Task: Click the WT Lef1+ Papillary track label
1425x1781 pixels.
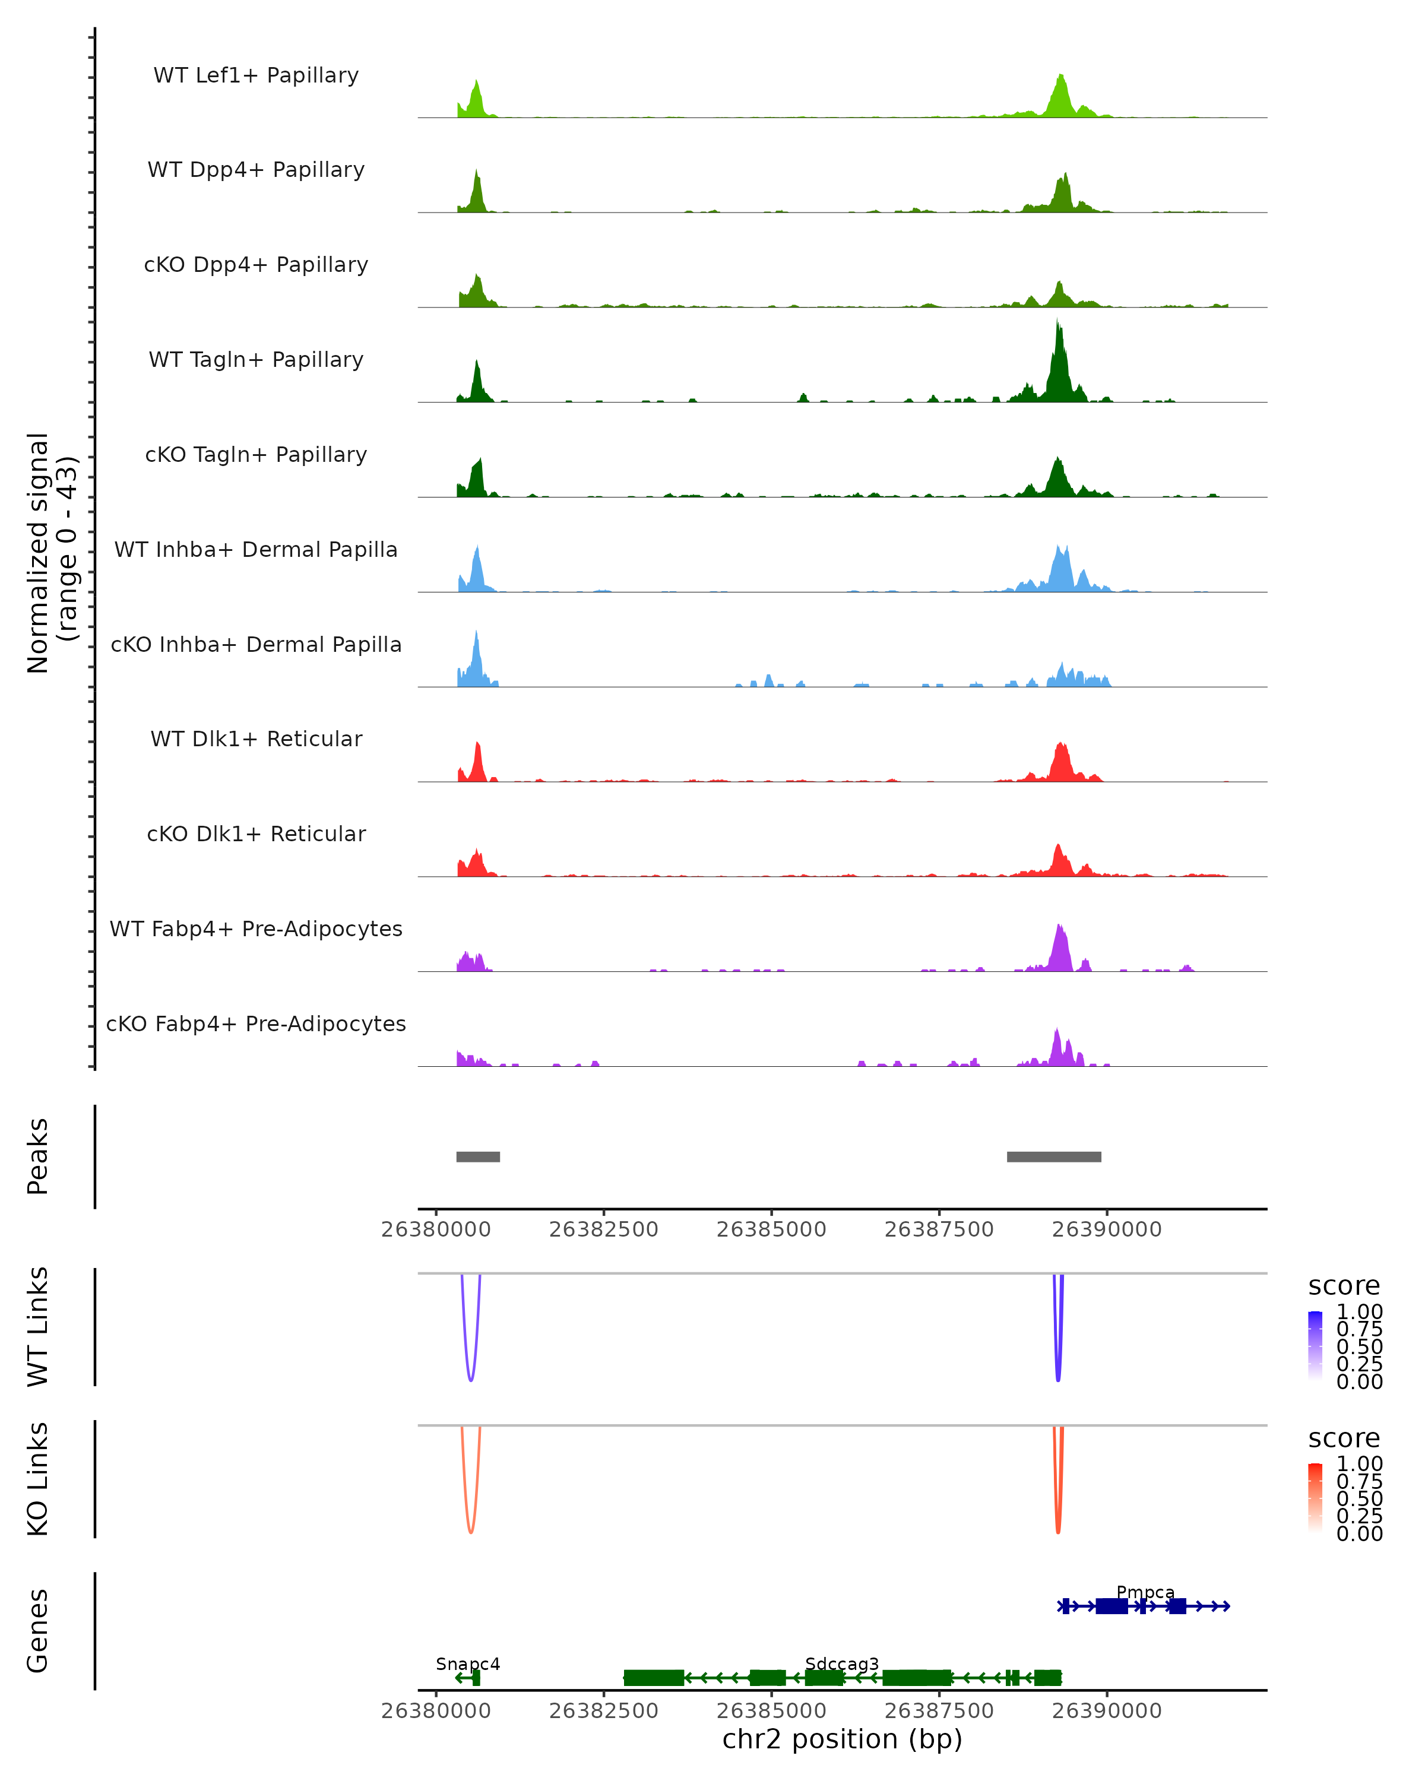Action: pos(256,75)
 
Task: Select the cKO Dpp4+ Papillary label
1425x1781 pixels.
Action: pos(256,265)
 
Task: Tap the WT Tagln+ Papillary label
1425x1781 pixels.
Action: pos(256,360)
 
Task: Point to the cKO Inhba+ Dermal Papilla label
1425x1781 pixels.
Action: pos(256,645)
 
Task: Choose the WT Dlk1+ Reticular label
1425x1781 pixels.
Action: pos(256,739)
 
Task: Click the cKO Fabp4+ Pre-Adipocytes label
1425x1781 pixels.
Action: pos(256,1024)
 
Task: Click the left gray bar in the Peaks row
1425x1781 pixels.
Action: pos(479,1156)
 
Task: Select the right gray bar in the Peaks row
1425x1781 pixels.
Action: pos(1054,1156)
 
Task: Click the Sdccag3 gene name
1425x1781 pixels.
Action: pos(842,1663)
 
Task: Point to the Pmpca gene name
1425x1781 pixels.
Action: pos(1145,1592)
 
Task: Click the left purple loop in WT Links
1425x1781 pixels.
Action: pos(471,1378)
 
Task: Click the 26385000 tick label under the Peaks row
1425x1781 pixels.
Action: pos(771,1229)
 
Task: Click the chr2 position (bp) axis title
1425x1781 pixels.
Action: pos(842,1739)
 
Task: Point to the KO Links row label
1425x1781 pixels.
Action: pos(38,1479)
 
